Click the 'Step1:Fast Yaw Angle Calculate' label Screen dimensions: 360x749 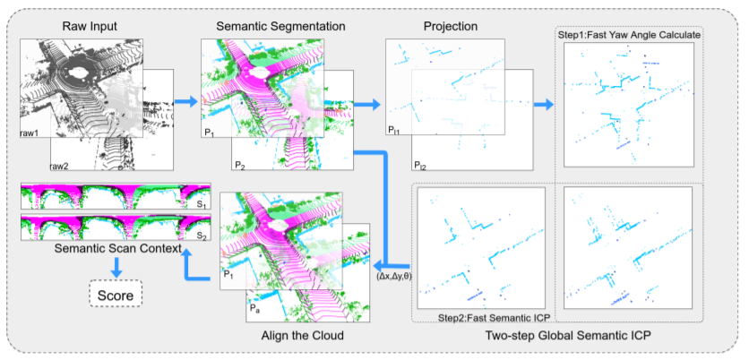[629, 34]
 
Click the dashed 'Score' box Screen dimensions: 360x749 [115, 293]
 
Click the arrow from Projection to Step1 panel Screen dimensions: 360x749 [540, 105]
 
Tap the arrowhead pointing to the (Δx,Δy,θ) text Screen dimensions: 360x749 [379, 265]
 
